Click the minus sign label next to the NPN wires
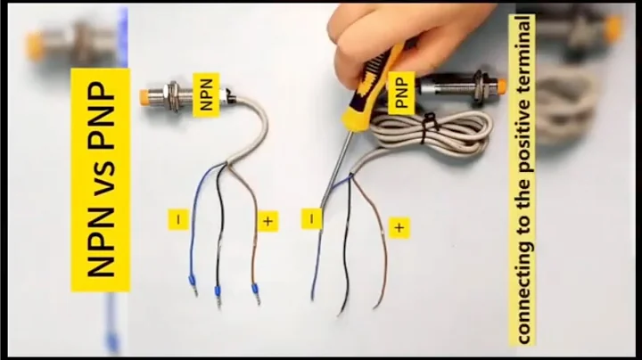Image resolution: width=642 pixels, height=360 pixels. [178, 218]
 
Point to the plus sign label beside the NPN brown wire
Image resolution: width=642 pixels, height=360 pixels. [267, 220]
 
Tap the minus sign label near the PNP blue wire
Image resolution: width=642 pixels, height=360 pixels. [312, 218]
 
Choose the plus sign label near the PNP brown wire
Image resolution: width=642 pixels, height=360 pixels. [399, 228]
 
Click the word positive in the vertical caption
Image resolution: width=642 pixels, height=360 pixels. [523, 135]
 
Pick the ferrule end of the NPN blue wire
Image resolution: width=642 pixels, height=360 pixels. [192, 284]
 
